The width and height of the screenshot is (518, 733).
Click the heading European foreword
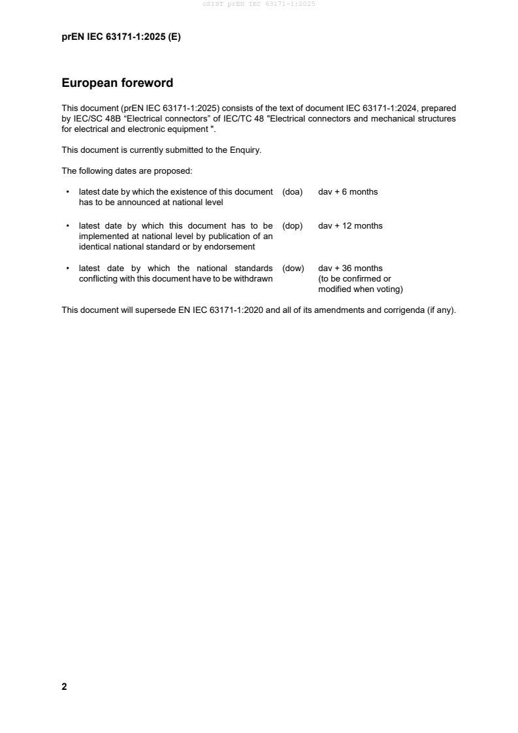117,84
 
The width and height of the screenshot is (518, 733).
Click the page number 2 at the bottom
64,687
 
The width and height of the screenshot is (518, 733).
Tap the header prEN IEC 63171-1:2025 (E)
121,37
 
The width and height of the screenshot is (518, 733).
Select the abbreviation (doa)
293,192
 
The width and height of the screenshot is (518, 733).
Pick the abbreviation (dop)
293,226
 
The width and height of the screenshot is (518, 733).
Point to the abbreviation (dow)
293,269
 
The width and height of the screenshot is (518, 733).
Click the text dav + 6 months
348,192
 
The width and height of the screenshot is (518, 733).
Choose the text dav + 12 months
350,226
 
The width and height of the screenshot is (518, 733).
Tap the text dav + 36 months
350,269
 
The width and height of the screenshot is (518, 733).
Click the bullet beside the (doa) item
68,192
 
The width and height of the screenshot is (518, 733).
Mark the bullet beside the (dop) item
68,226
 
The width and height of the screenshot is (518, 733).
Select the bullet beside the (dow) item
68,269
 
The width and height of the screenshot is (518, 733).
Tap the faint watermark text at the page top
259,5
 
